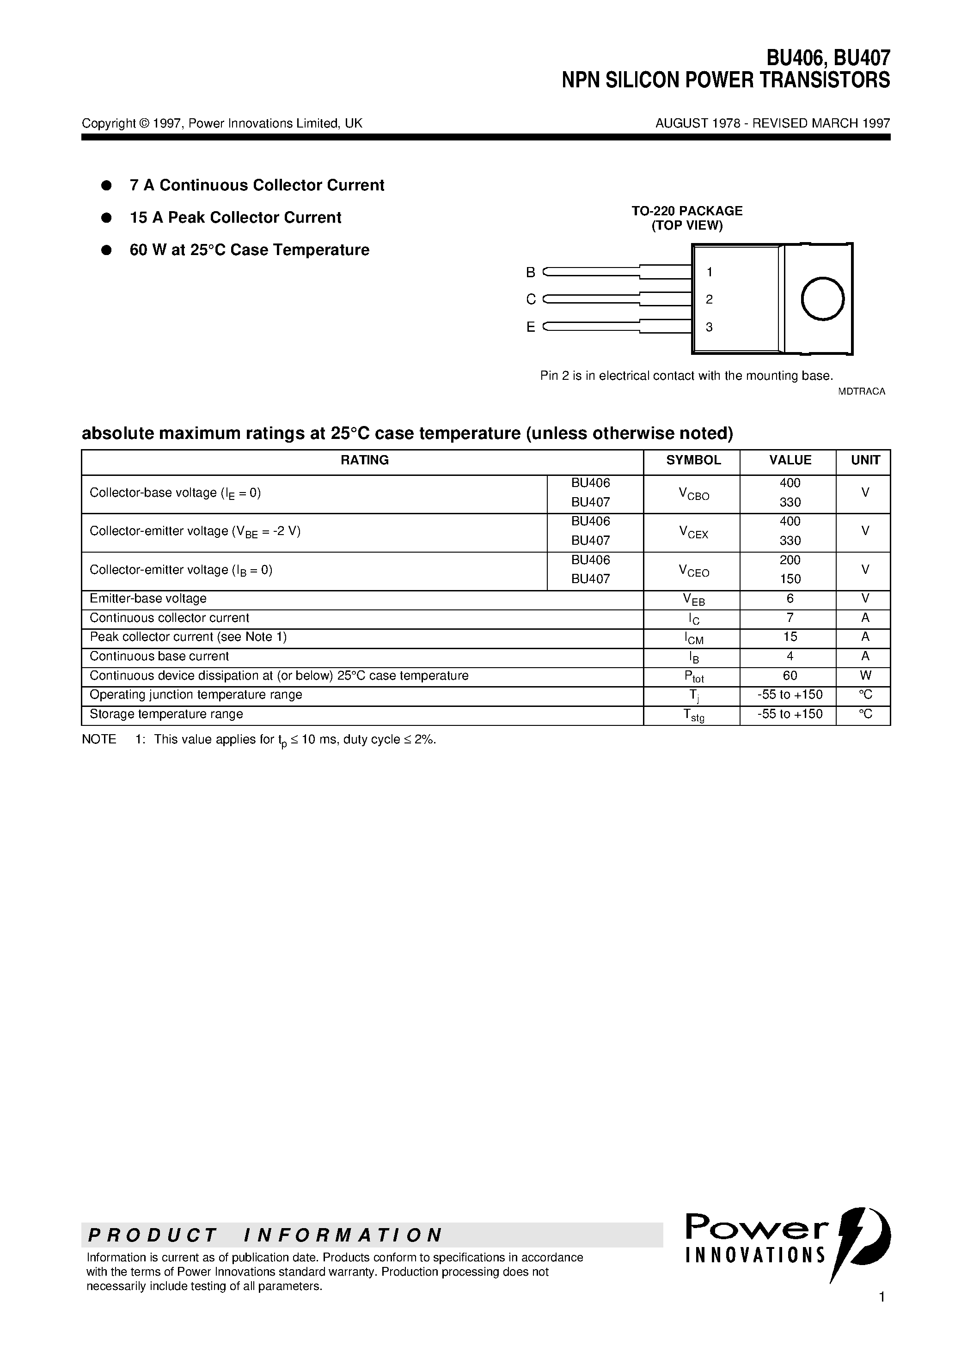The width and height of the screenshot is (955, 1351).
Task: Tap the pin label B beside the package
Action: click(531, 273)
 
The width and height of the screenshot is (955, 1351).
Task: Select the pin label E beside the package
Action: click(531, 327)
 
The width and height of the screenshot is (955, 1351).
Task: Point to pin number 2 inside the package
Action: click(709, 299)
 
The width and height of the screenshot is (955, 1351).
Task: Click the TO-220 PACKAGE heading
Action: click(686, 211)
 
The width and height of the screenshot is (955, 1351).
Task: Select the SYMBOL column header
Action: click(693, 460)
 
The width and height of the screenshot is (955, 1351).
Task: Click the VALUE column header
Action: click(790, 460)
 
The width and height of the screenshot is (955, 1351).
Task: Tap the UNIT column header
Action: click(865, 460)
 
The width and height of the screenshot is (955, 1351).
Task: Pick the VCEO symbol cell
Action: click(693, 570)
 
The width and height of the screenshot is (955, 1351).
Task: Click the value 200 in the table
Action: click(790, 560)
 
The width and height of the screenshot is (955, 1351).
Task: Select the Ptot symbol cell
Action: click(693, 677)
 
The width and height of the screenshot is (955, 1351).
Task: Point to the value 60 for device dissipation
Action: click(790, 675)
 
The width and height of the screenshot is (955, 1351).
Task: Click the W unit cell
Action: click(865, 675)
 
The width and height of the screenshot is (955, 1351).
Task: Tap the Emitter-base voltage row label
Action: click(148, 598)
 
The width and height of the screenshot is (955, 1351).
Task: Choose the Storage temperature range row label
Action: click(166, 714)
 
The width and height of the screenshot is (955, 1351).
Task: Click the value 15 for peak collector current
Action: click(790, 637)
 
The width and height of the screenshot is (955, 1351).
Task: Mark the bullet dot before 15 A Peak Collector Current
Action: click(107, 218)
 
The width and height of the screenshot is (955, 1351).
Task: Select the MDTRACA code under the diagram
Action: click(861, 391)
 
